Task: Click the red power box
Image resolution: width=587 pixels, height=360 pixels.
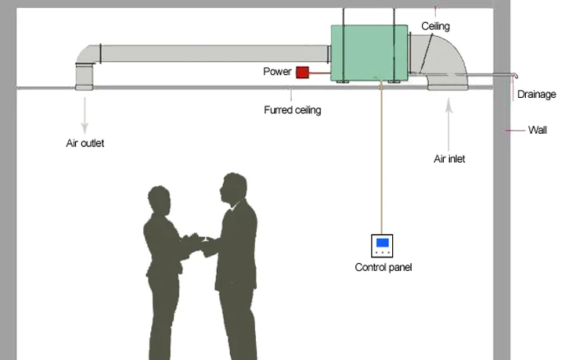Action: (302, 73)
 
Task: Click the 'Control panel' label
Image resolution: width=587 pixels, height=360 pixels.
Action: (383, 268)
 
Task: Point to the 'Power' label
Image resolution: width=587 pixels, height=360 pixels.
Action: (277, 72)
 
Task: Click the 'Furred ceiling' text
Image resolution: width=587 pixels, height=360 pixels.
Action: (292, 110)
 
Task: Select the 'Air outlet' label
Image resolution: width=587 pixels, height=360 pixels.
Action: (85, 143)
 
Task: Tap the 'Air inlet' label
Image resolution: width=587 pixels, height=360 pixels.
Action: (449, 159)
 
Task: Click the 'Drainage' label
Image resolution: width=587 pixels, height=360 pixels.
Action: (537, 95)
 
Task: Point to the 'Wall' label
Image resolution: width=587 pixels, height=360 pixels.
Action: (538, 130)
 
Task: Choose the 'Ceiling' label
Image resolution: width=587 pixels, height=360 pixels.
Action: (436, 27)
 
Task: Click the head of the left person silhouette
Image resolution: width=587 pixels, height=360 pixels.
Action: (159, 201)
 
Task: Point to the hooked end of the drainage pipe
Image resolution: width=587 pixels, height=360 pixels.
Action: (515, 76)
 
